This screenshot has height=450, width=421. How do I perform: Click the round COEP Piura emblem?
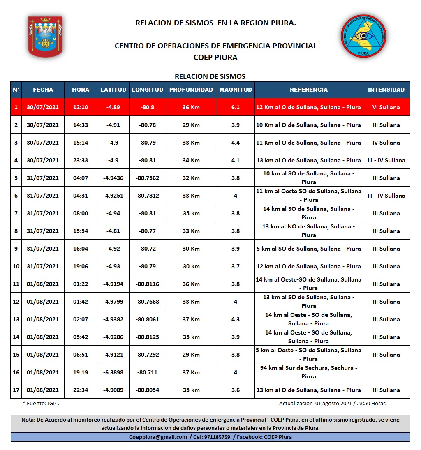[x=363, y=36]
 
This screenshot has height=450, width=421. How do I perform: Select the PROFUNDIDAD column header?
[x=191, y=90]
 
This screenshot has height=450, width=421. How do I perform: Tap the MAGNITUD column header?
[x=236, y=90]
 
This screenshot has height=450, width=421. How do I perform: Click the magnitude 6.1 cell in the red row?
[x=236, y=107]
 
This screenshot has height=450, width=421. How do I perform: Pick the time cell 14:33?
[x=81, y=125]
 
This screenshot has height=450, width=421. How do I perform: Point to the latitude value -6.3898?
[x=113, y=372]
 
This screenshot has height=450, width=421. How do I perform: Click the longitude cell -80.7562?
[x=147, y=178]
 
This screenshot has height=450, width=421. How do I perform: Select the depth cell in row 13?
[x=191, y=319]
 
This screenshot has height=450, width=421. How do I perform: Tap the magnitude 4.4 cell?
[x=236, y=143]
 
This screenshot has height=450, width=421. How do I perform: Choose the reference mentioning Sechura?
[x=308, y=372]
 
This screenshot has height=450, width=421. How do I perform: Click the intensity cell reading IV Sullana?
[x=386, y=143]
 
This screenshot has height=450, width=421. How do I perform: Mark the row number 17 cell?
[x=16, y=390]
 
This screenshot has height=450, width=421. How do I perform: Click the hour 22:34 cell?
[x=81, y=390]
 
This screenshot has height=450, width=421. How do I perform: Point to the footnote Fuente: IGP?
[x=41, y=404]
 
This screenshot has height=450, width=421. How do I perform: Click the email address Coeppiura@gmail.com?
[x=158, y=437]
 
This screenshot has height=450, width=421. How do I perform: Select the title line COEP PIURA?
[x=215, y=58]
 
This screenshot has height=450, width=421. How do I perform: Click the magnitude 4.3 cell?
[x=236, y=319]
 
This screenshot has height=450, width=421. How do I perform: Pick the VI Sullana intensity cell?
[x=386, y=107]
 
